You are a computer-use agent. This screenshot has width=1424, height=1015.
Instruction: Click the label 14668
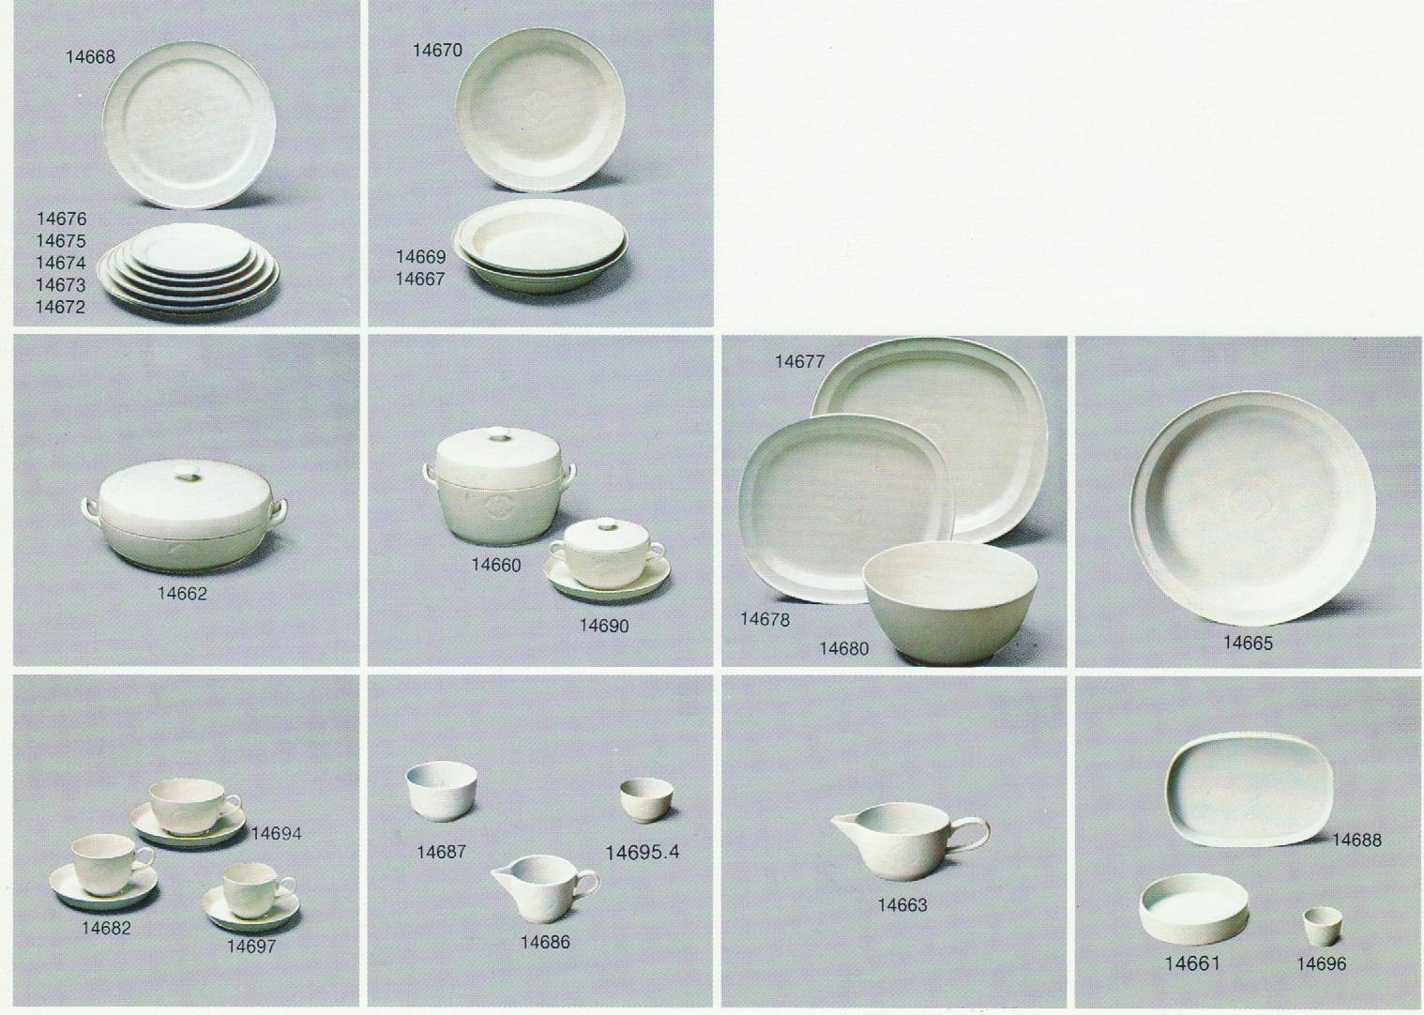coord(90,57)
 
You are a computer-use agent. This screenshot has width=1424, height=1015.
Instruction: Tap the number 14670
coord(437,51)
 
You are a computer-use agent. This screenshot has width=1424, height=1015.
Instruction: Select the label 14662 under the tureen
coord(182,594)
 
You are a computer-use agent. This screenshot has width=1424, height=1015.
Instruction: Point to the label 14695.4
coord(642,853)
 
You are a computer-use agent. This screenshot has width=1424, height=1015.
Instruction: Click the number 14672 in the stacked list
coord(60,307)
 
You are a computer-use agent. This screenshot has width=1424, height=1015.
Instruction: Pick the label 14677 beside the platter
coord(799,362)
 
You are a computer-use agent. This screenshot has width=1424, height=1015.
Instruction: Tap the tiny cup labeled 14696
coord(1323,927)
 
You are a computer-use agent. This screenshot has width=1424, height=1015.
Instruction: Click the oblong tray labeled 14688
coord(1250,790)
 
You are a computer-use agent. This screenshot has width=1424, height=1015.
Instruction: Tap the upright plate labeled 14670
coord(540,110)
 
